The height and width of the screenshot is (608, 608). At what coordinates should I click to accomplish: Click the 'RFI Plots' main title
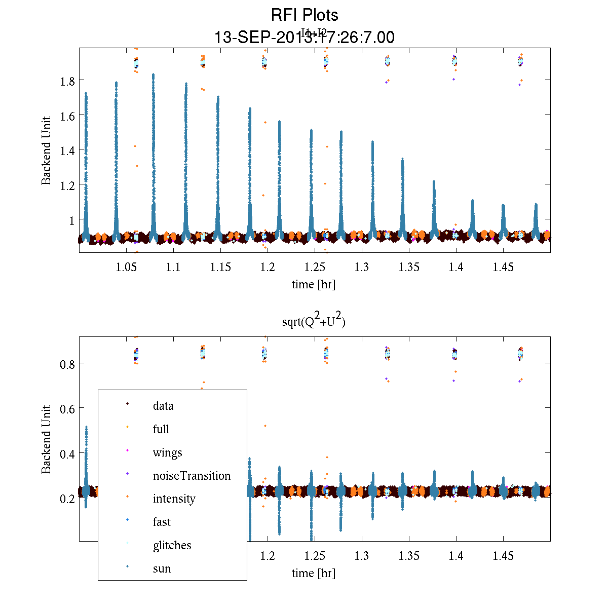304,15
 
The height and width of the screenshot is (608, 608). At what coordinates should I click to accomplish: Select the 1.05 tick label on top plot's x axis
126,267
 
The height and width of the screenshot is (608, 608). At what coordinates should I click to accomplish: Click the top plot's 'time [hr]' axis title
313,284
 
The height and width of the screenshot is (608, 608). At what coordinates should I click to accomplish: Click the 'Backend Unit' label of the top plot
46,150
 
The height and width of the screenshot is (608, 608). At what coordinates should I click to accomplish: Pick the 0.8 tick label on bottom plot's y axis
68,364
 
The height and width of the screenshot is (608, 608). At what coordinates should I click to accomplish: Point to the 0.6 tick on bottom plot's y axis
68,408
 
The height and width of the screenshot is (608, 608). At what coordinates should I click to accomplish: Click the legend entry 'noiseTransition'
192,476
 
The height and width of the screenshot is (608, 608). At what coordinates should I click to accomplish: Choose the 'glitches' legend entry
172,545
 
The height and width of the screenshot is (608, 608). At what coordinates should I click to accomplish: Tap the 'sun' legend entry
162,568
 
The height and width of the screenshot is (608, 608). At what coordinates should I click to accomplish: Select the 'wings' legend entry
167,452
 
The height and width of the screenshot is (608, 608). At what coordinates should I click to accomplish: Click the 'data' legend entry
163,406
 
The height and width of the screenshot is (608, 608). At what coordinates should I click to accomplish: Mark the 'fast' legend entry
162,522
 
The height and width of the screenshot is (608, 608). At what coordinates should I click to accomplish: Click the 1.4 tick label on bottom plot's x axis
456,556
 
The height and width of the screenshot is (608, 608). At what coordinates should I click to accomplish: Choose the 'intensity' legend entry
174,499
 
